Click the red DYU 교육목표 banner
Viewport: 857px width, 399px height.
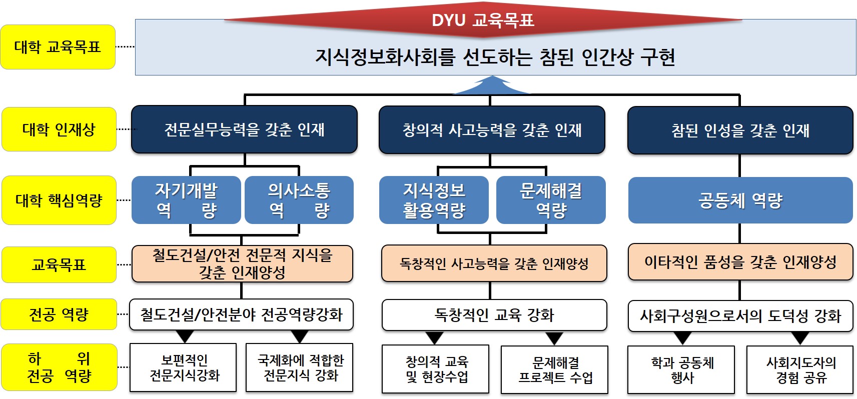tap(483, 20)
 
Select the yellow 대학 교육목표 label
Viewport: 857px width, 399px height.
tap(58, 47)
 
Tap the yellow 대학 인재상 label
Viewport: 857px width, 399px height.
tap(59, 129)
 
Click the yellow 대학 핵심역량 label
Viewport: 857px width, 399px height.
tap(59, 200)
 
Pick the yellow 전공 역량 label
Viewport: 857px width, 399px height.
tap(59, 314)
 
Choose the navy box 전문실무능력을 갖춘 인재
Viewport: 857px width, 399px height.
tap(244, 129)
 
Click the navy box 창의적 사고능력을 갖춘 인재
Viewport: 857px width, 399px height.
tap(492, 130)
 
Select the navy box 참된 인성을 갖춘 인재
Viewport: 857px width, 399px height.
tap(740, 130)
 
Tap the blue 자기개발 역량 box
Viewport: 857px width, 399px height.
tap(186, 200)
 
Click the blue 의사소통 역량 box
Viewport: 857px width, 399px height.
tap(299, 200)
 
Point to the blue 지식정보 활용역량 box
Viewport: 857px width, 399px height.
tap(434, 200)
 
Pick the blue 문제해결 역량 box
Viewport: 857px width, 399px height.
tap(551, 200)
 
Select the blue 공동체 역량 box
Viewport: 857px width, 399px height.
tap(740, 200)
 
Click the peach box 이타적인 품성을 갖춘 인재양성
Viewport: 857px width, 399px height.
tap(740, 261)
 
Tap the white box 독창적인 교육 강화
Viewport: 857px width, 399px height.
tap(494, 315)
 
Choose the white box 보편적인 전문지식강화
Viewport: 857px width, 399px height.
tap(183, 367)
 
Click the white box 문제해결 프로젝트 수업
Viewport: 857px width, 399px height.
tap(555, 369)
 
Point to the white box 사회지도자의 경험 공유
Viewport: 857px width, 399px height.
tap(799, 369)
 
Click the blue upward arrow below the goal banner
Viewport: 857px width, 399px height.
tap(491, 85)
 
